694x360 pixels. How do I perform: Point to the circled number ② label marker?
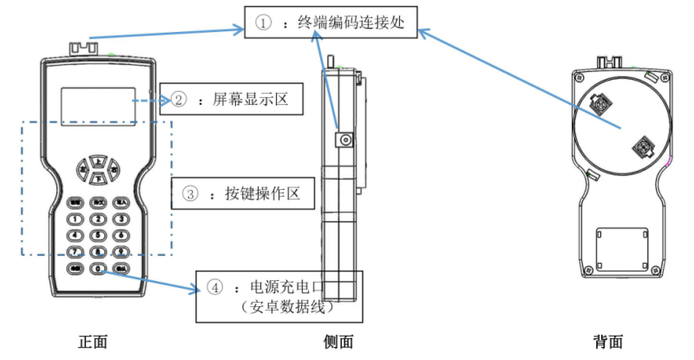178,100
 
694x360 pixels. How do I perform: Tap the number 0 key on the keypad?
98,269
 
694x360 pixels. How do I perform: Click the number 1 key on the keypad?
75,218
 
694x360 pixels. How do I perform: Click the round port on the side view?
346,139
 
